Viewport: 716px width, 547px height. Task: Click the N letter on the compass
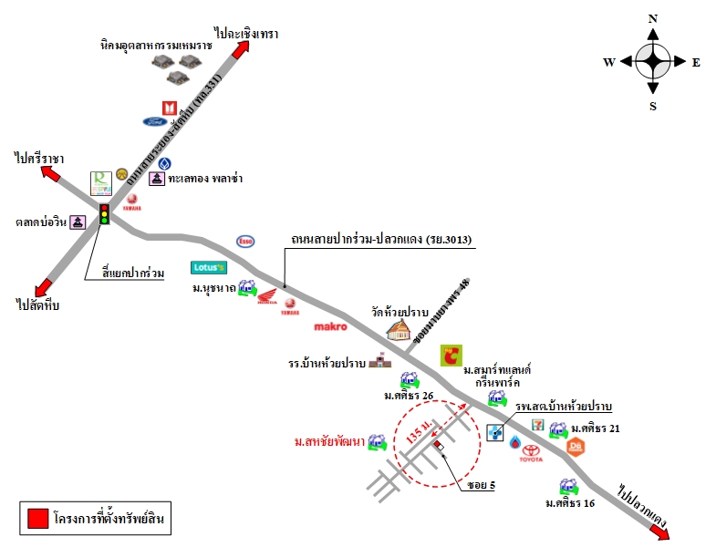[x=653, y=18]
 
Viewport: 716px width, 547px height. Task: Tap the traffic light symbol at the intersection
[x=104, y=214]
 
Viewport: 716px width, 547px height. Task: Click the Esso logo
[x=245, y=241]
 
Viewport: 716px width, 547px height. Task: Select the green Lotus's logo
[x=208, y=267]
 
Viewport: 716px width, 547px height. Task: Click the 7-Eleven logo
[x=539, y=425]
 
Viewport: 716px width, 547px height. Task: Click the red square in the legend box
[x=37, y=519]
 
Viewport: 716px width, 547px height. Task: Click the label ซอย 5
[x=481, y=485]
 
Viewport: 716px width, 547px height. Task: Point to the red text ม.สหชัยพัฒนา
[x=329, y=443]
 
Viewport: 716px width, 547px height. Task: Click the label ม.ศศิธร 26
[x=409, y=395]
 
